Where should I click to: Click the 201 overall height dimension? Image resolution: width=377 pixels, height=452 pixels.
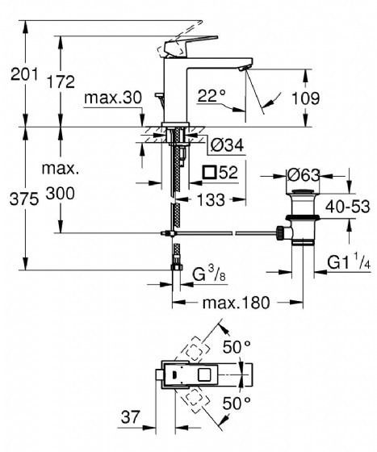point(24,74)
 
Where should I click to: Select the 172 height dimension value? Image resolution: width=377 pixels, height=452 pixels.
point(61,82)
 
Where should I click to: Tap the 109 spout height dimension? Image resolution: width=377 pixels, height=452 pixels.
point(306,98)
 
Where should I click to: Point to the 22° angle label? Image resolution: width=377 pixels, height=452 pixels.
point(212,95)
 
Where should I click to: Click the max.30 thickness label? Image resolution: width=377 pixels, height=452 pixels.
point(113,98)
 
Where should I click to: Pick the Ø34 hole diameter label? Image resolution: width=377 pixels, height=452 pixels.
point(227,145)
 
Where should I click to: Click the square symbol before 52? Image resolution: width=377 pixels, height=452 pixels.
point(209,173)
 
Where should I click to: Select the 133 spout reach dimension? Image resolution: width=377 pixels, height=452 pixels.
point(211,199)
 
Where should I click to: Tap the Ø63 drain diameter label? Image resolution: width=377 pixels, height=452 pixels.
point(304,175)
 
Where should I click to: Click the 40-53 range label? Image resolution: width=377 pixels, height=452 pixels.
point(348,207)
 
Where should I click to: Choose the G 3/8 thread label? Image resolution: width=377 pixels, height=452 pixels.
point(208,274)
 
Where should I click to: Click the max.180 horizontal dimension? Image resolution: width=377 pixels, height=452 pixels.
point(237,303)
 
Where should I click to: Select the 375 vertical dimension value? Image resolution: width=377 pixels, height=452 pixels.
point(24,199)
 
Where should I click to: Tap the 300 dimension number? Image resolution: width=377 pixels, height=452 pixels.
point(61,193)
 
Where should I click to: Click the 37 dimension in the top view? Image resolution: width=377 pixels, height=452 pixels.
point(130,416)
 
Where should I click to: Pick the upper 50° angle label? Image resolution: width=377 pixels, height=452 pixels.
point(237,347)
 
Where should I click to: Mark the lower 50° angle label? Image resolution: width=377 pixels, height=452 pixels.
point(237,404)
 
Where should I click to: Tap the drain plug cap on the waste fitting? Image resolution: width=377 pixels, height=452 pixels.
point(303,191)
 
